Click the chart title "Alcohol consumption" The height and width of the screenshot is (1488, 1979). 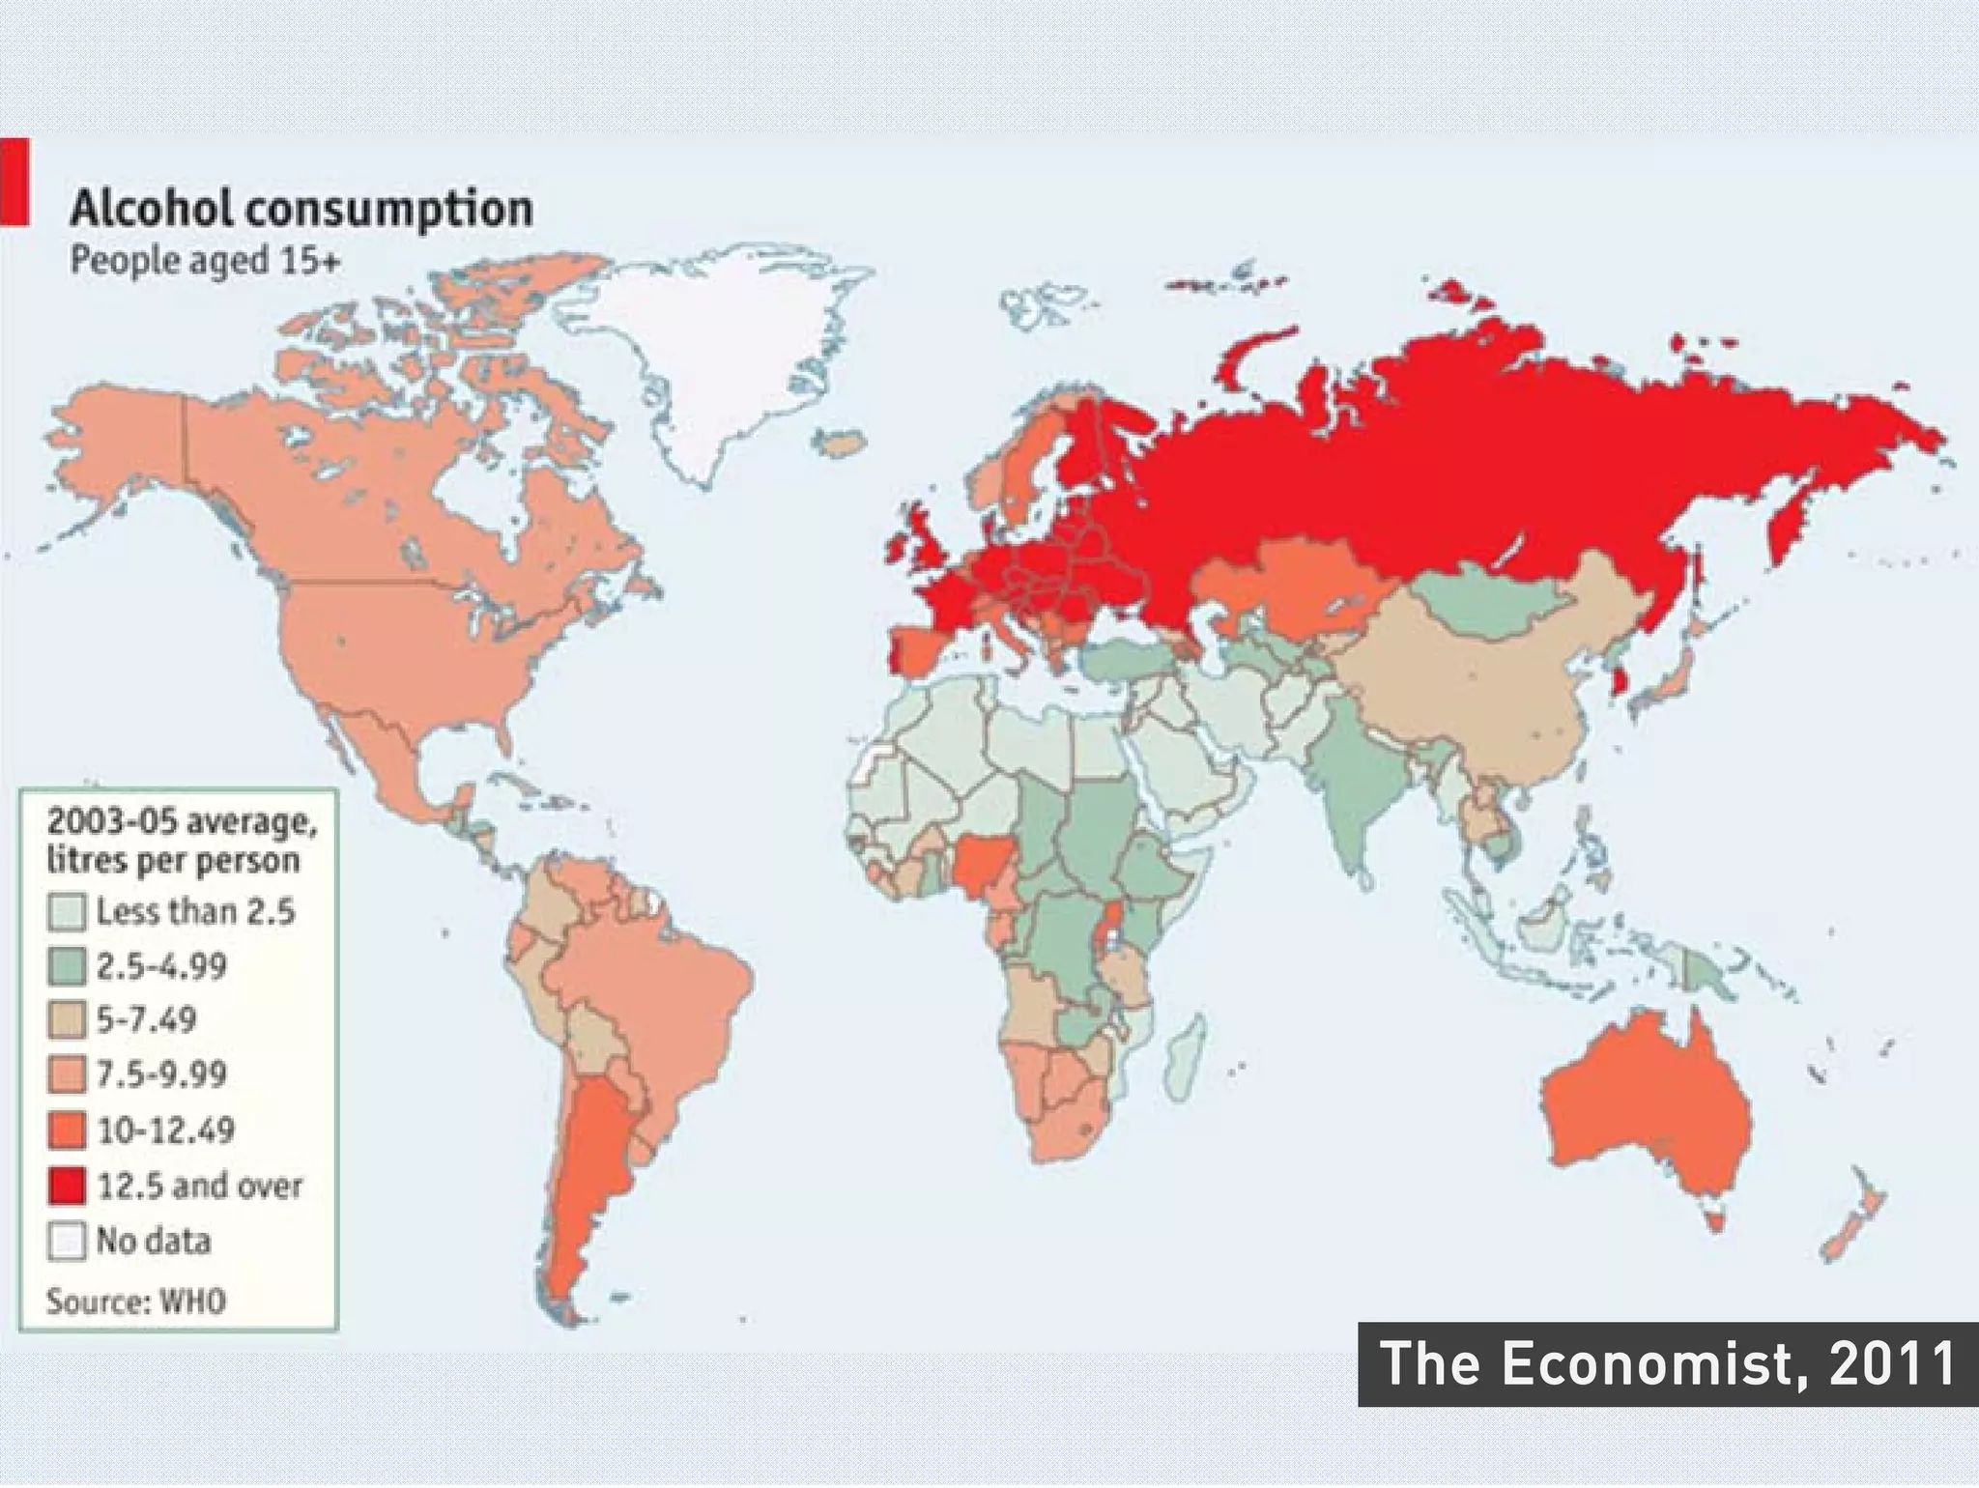point(301,209)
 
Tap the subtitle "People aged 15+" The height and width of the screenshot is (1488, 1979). point(205,261)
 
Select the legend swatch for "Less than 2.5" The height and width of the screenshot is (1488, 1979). point(67,912)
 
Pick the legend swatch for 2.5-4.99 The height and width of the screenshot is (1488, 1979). point(67,967)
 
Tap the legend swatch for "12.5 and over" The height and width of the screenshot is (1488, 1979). point(67,1186)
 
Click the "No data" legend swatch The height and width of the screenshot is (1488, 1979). point(67,1241)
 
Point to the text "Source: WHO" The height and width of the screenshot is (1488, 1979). point(136,1301)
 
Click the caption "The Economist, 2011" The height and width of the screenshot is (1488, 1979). point(1668,1363)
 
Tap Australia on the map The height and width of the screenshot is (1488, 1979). point(1643,1121)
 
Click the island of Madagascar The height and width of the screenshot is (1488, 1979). point(1185,1058)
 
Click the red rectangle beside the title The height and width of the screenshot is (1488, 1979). point(14,182)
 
